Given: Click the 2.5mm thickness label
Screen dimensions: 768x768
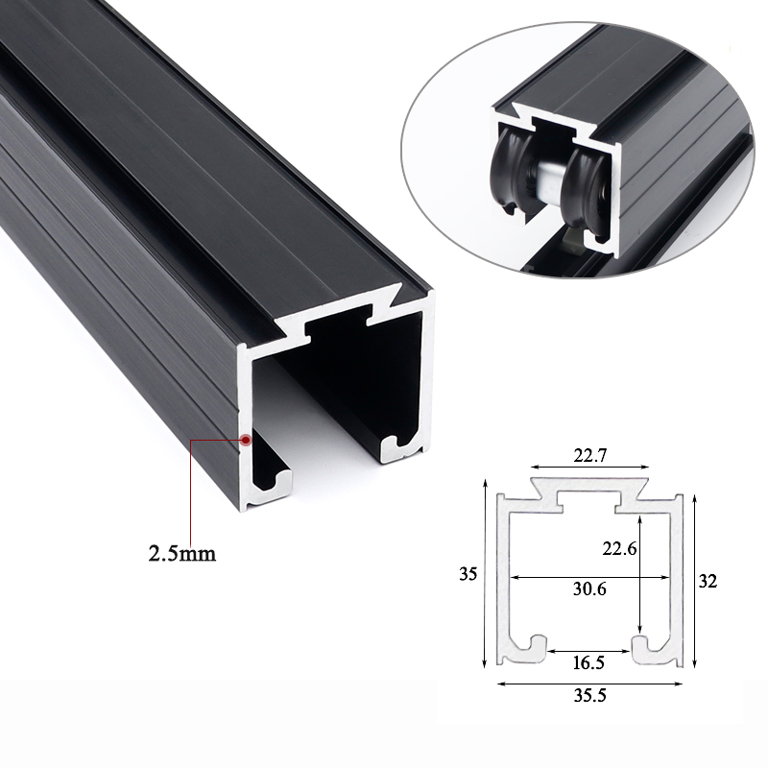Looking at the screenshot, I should pyautogui.click(x=181, y=553).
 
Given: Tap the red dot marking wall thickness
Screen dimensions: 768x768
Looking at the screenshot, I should pyautogui.click(x=247, y=441).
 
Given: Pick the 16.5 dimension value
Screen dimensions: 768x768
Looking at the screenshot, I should pyautogui.click(x=590, y=661).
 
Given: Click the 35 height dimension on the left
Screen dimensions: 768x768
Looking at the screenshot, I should pyautogui.click(x=468, y=575).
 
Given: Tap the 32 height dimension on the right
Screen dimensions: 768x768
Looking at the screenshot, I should pyautogui.click(x=708, y=581).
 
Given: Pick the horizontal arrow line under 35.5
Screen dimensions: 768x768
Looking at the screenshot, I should pyautogui.click(x=590, y=684).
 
